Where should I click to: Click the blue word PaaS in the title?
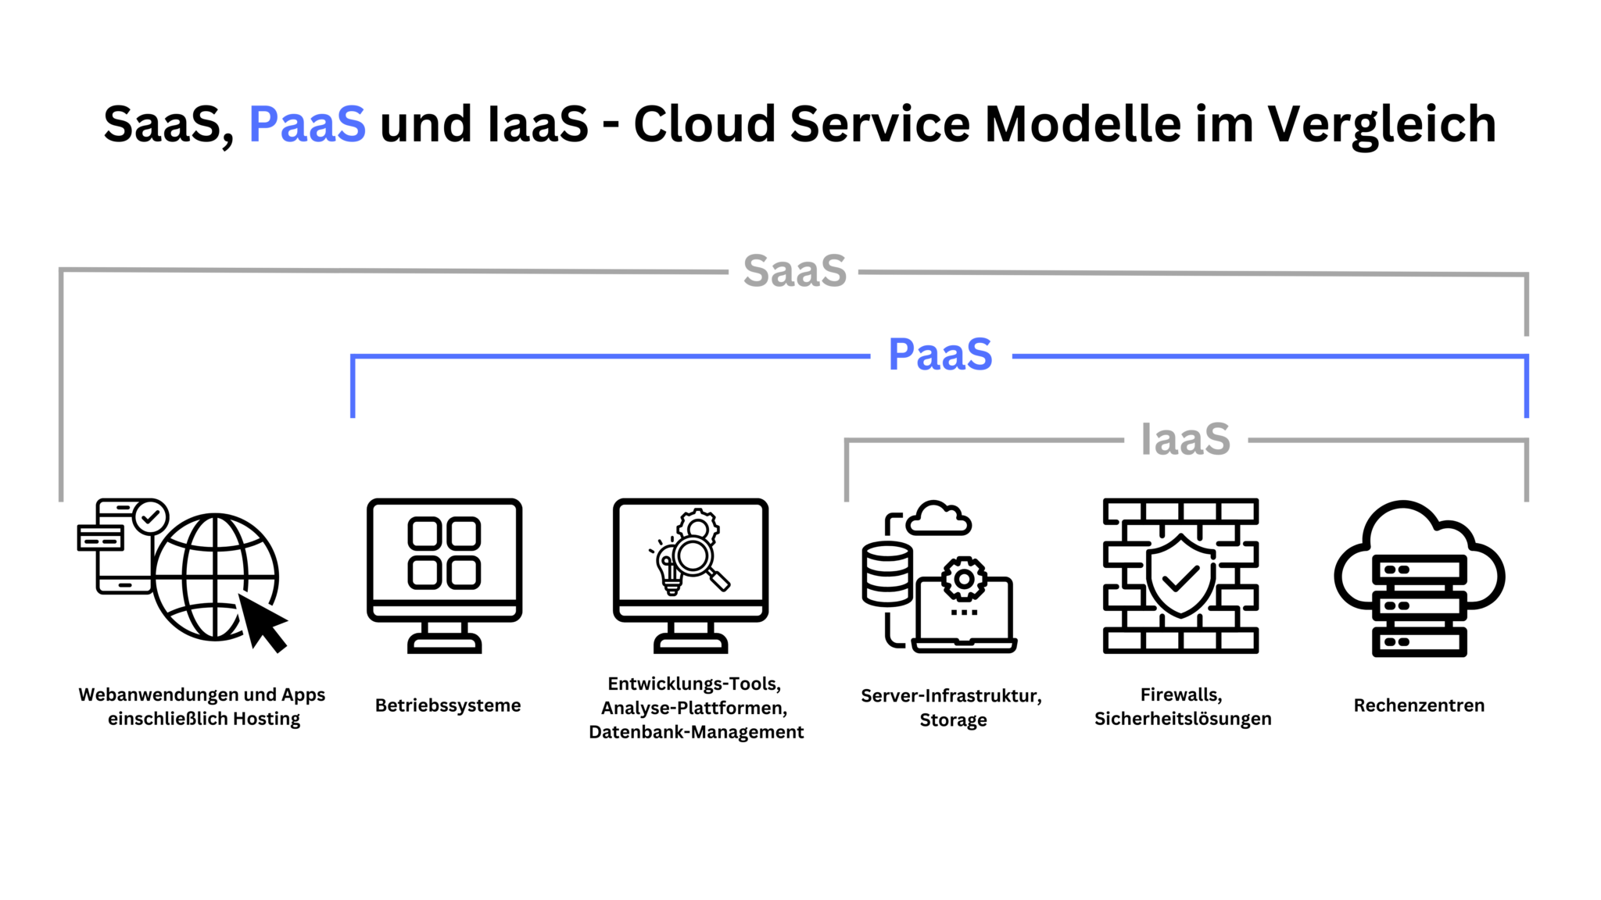(x=306, y=124)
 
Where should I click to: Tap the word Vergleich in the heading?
(x=1381, y=124)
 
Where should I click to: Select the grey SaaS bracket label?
(x=794, y=271)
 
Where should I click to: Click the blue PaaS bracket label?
(x=940, y=355)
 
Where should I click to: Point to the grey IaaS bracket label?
(x=1185, y=439)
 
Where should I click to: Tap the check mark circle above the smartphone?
(x=150, y=516)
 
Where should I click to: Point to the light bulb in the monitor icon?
(x=670, y=570)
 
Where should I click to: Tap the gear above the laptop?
(x=964, y=580)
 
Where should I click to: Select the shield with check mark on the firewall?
(x=1180, y=576)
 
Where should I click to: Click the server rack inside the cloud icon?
(x=1419, y=605)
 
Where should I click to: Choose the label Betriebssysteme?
(x=448, y=705)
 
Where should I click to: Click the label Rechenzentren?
(x=1419, y=705)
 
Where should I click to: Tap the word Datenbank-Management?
(x=696, y=732)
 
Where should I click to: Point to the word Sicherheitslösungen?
(x=1182, y=719)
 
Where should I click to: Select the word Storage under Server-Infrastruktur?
(x=953, y=720)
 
